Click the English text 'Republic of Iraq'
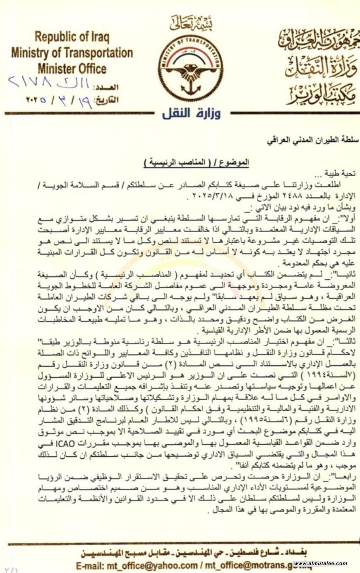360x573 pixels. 72,38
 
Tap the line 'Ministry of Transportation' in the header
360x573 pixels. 72,53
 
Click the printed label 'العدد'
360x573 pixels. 107,88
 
